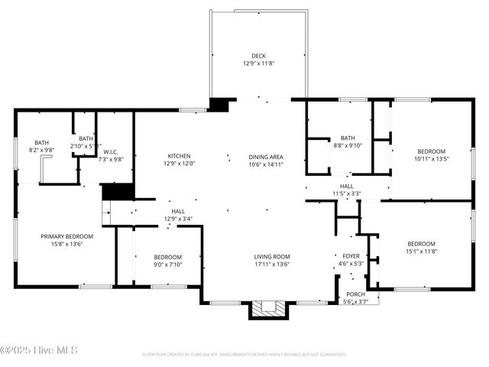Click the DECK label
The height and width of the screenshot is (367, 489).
(x=258, y=56)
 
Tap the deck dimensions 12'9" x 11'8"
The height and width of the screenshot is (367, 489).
(x=258, y=63)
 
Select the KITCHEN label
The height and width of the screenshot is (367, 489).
(x=180, y=156)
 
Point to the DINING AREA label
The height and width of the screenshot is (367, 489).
(x=266, y=157)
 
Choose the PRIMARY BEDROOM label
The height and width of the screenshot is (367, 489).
(x=67, y=236)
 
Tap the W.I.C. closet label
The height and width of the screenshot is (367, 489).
(x=111, y=152)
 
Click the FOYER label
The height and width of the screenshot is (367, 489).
(x=351, y=257)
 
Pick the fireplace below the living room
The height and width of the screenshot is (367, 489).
(x=267, y=309)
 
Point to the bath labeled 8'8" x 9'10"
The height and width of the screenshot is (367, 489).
(x=348, y=141)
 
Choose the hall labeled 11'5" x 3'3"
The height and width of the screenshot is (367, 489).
(x=347, y=190)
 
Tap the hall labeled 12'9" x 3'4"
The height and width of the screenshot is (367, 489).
(x=177, y=215)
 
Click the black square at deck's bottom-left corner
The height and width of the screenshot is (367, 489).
(x=219, y=104)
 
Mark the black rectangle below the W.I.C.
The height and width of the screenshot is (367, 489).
(x=118, y=192)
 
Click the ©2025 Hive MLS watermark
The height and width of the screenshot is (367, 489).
(x=40, y=352)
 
